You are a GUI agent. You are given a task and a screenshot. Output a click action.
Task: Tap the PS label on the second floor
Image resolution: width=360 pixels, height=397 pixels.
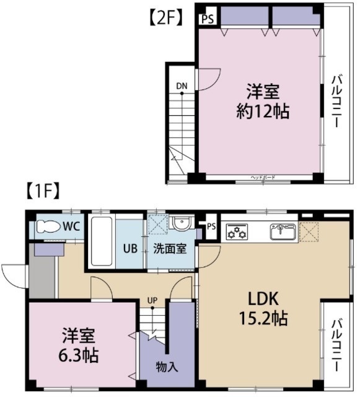point(206,18)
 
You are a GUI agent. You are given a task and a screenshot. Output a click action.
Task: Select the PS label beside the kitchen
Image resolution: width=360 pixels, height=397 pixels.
point(211,226)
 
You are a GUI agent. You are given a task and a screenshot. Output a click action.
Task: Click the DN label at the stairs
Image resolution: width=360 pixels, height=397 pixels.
point(182,86)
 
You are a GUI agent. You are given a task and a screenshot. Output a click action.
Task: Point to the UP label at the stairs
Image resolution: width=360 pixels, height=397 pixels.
point(152,301)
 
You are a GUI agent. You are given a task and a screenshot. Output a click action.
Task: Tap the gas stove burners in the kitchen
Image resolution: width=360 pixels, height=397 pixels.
point(236,233)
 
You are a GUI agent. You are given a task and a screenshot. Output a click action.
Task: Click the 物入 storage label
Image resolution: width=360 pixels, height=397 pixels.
point(167,367)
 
